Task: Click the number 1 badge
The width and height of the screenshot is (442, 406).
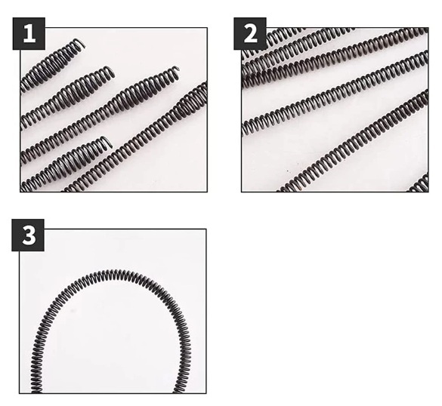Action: tap(29, 33)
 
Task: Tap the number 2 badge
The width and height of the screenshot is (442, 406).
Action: tap(250, 33)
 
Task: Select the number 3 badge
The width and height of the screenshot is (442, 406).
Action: tap(28, 235)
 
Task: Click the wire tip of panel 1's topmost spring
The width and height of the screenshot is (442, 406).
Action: tap(83, 45)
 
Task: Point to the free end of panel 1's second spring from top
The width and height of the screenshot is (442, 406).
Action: tap(113, 74)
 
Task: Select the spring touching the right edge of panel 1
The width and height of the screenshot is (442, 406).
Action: tap(135, 138)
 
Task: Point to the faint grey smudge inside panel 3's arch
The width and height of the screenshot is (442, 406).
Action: tap(73, 311)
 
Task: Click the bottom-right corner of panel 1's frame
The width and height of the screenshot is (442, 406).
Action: tap(207, 192)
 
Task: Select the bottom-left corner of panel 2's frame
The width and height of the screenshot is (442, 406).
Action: tap(242, 192)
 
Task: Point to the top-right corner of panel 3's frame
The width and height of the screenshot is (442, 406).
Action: tap(206, 229)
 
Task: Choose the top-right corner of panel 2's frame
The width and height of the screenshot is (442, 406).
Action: tap(428, 28)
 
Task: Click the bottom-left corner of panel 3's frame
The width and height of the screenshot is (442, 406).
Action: tap(19, 393)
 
